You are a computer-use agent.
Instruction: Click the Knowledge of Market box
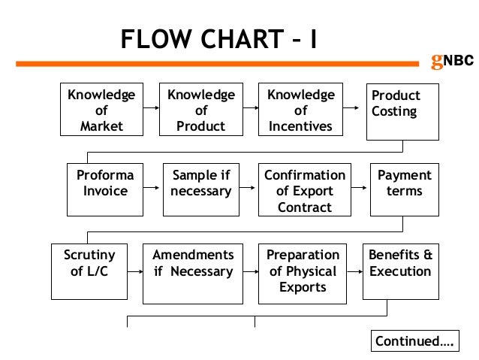point(101,110)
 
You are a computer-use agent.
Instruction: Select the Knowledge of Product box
point(200,110)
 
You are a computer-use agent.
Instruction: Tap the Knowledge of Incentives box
point(300,110)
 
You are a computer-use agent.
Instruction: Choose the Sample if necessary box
point(200,183)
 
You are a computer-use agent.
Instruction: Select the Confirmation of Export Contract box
point(304,190)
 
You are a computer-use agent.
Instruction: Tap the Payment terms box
point(404,183)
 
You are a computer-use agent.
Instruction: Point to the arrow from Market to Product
point(150,108)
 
